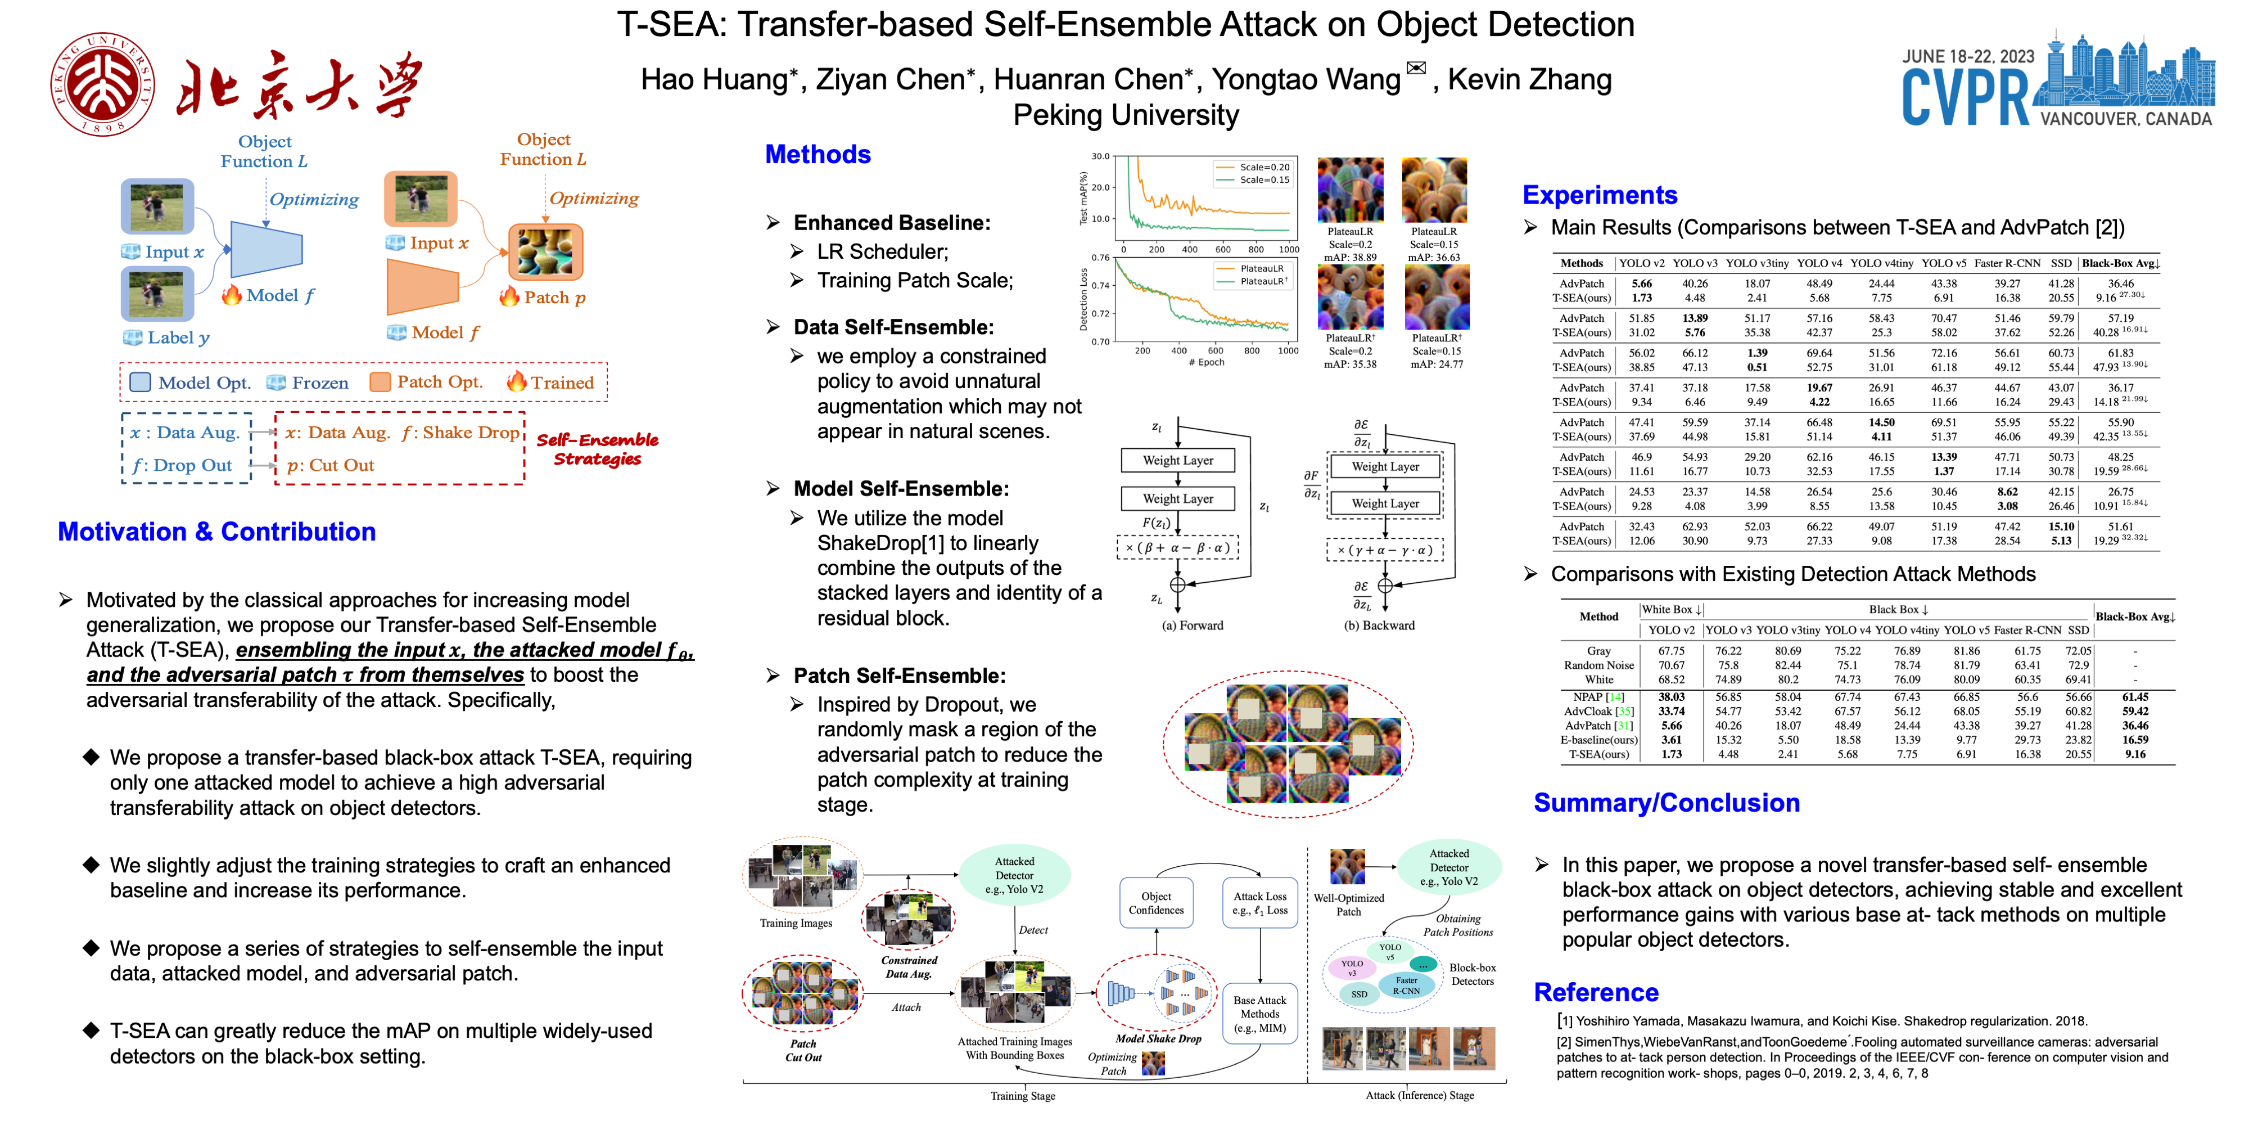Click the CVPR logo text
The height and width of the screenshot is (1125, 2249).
1965,98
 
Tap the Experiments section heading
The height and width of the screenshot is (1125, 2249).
1600,195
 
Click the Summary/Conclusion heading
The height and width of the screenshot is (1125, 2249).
1666,803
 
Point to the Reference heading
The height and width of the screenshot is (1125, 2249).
1596,992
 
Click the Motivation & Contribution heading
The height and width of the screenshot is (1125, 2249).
216,532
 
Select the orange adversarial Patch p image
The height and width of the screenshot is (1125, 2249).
545,251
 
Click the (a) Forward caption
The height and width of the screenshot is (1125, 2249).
1192,625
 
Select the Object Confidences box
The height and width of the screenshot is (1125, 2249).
1156,903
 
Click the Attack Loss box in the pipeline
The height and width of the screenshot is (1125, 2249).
1260,903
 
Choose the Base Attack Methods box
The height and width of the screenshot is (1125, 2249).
1260,1013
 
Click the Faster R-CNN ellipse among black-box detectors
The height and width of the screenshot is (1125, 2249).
1406,986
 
